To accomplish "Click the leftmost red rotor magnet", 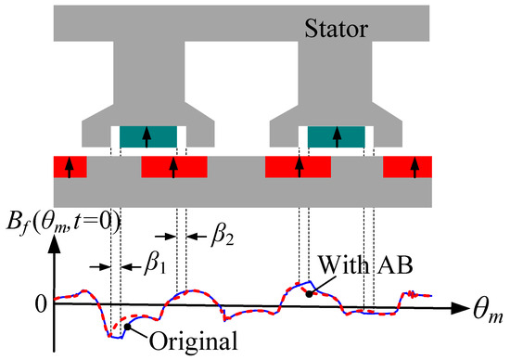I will point(70,168).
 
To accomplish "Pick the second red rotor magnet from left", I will point(174,168).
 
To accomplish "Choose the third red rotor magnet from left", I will point(298,168).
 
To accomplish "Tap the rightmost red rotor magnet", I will point(414,168).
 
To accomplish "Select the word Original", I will point(196,339).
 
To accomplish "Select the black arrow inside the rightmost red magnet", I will point(414,168).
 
